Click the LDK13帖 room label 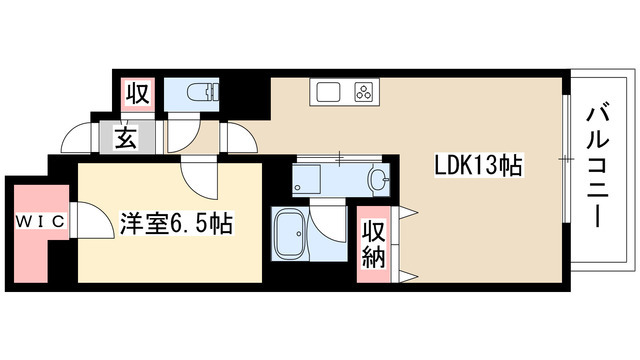(479, 165)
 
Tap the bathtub (290, 235)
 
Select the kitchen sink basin (330, 93)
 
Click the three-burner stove (361, 93)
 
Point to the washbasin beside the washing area (378, 180)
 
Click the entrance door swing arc (75, 135)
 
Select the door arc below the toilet (185, 135)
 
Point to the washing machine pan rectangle (318, 180)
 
